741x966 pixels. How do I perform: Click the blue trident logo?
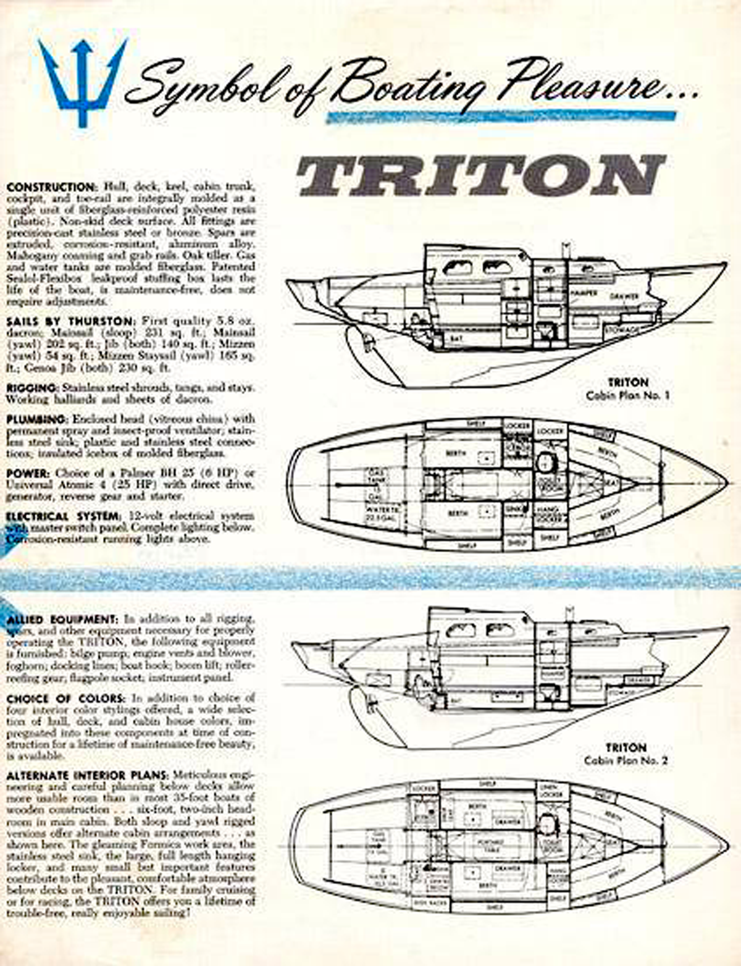point(82,80)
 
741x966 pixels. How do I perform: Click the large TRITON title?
point(480,175)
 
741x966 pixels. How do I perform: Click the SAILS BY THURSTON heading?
point(70,322)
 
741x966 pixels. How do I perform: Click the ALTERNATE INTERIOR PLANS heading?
point(87,775)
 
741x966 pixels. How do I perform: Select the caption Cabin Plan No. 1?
point(627,395)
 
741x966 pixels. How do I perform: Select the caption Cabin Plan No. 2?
point(626,761)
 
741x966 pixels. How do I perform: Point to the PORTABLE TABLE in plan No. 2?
point(492,844)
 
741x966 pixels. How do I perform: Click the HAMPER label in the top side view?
point(583,293)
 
